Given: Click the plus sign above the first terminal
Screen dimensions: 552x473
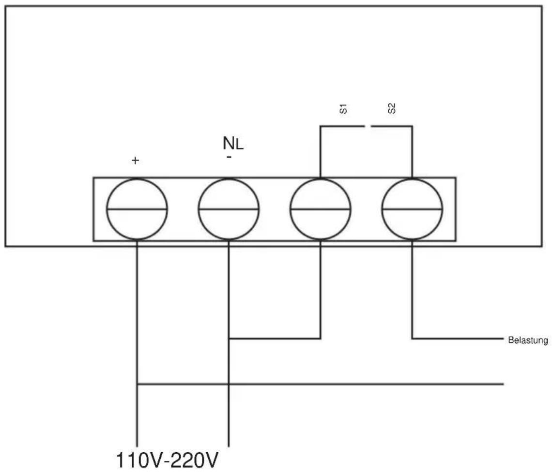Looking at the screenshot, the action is click(135, 161).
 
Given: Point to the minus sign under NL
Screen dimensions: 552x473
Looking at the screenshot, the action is click(229, 157).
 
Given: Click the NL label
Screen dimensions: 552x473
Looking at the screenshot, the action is click(233, 143).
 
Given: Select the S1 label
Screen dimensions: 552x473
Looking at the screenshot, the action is click(343, 109).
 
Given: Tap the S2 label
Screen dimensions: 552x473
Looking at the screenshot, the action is click(391, 108).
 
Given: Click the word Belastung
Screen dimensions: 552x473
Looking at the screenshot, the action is click(528, 340).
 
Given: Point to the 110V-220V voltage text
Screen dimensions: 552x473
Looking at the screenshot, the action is click(167, 460).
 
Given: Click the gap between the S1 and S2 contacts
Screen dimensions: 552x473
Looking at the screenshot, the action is click(368, 126).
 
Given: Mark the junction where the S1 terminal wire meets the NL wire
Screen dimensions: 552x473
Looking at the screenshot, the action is click(229, 339).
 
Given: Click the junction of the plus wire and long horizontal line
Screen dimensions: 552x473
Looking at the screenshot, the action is click(137, 384).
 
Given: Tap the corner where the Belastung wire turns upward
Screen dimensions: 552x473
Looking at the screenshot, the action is click(412, 339).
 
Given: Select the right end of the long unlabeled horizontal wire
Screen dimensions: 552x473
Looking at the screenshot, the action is click(504, 384).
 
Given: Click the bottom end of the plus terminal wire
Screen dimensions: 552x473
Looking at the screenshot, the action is click(137, 446).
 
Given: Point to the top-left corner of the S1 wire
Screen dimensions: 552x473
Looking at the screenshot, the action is click(321, 126).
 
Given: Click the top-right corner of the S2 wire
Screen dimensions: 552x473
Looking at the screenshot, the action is click(412, 126).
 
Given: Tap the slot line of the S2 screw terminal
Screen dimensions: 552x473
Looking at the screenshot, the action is click(412, 209).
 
